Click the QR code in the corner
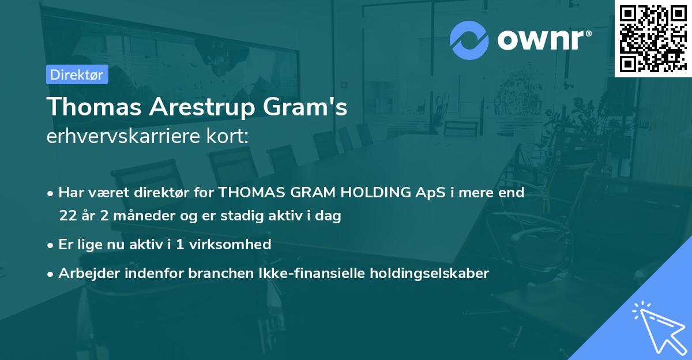[x=653, y=39]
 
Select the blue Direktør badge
[x=77, y=74]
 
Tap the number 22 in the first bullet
[x=68, y=216]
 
